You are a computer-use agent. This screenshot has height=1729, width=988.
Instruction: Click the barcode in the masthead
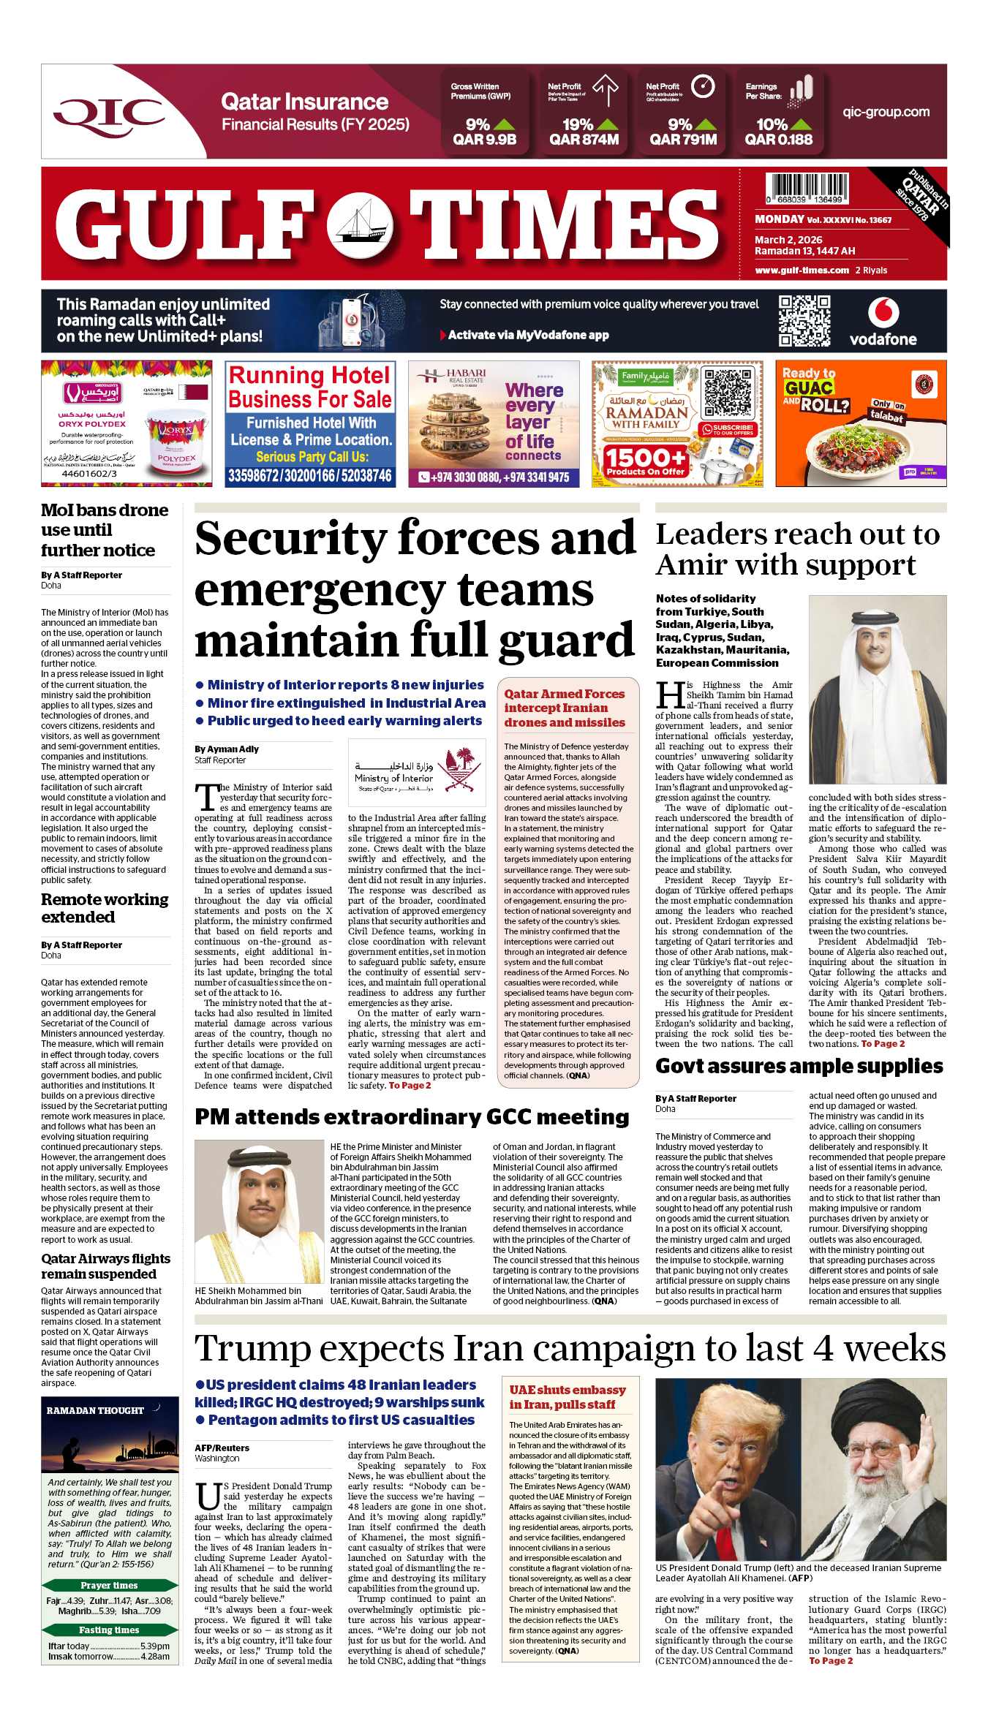807,188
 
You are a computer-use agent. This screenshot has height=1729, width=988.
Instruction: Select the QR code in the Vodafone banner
804,320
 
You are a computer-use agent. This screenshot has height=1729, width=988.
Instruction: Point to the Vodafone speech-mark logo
883,313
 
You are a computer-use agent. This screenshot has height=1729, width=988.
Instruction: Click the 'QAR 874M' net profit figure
584,140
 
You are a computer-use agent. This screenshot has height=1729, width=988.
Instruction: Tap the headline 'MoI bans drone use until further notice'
104,530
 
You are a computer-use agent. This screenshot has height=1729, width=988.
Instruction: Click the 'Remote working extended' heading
105,908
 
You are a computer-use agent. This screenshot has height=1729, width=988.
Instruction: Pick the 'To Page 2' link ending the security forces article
410,1086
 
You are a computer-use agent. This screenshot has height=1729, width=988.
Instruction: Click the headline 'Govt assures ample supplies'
799,1066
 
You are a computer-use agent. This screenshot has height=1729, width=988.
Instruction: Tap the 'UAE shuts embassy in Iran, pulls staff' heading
567,1397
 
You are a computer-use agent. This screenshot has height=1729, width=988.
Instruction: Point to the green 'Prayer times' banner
109,1585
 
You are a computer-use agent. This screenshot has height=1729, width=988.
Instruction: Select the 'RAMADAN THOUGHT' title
95,1410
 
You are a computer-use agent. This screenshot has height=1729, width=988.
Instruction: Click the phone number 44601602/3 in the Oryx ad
88,474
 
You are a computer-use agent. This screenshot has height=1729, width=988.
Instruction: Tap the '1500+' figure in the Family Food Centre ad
644,458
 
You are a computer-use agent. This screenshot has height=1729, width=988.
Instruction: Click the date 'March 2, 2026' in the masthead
788,240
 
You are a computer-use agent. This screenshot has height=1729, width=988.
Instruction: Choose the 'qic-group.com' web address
886,112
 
